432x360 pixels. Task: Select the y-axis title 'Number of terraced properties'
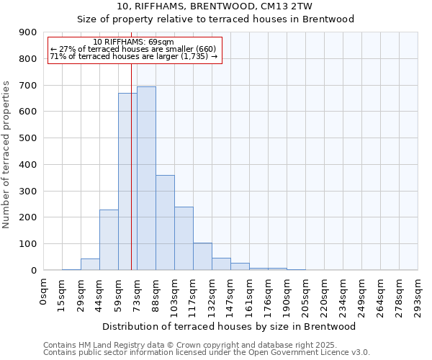[x=8, y=155]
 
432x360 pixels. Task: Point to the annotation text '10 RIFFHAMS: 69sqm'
[x=133, y=42]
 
